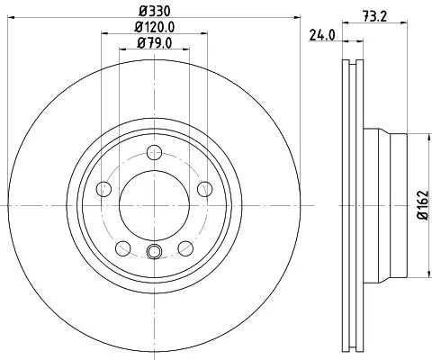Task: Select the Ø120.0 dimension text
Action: click(155, 27)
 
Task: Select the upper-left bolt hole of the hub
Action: click(103, 188)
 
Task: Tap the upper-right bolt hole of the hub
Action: click(204, 188)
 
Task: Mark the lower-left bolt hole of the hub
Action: click(123, 248)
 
